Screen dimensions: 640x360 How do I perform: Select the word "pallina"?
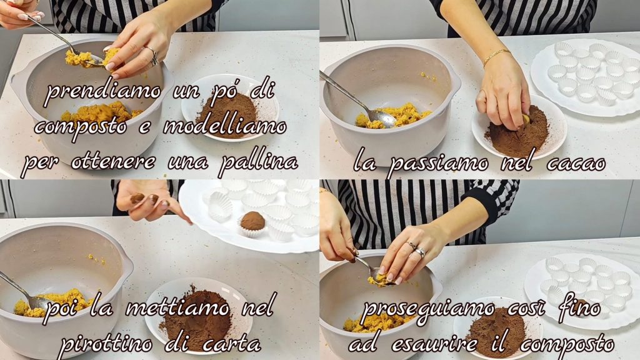[x=258, y=161]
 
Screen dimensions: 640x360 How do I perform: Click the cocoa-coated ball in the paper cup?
[x=252, y=221]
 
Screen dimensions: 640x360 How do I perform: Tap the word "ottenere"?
[x=114, y=162]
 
